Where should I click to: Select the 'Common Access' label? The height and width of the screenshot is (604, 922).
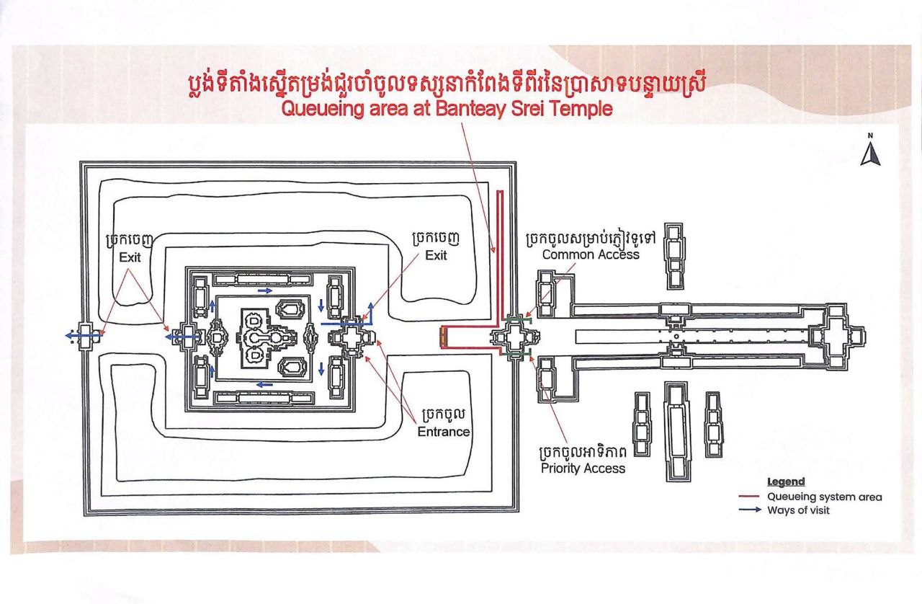591,254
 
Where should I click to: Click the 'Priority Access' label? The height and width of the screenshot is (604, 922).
583,468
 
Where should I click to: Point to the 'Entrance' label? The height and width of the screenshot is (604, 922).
444,432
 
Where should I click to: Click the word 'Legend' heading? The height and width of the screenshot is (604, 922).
786,481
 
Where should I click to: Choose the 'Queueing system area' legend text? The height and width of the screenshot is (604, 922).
824,497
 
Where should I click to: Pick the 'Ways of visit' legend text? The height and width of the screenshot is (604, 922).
798,510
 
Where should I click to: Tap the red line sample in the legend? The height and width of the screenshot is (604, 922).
751,497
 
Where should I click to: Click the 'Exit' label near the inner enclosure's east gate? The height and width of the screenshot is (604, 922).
436,255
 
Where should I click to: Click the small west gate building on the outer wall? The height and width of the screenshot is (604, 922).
87,336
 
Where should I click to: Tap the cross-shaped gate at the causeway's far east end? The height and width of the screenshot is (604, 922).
837,336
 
